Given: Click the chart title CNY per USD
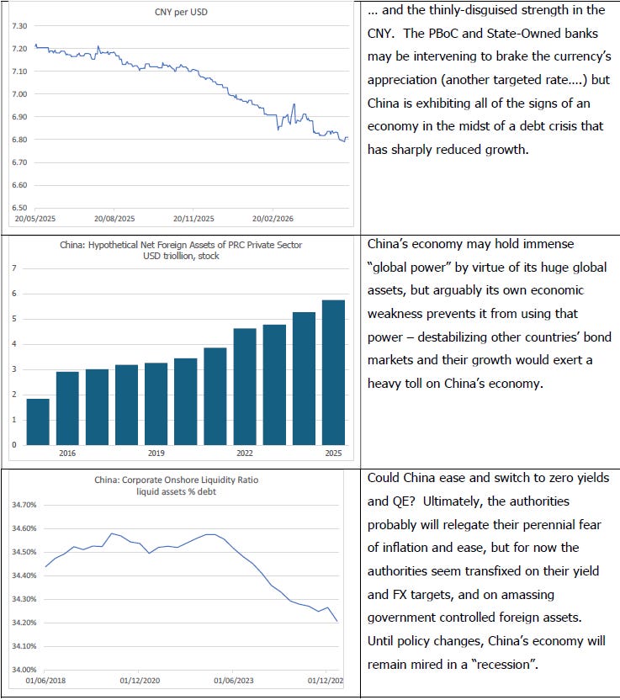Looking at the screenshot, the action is [181, 12].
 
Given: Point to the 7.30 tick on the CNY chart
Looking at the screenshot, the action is [19, 26].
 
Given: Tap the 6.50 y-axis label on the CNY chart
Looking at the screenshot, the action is [19, 208].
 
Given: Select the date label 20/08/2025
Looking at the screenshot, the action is [114, 219].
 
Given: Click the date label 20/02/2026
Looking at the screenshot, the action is [273, 219].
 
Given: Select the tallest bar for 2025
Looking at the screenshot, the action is [333, 373].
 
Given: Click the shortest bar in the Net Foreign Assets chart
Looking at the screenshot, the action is [38, 422].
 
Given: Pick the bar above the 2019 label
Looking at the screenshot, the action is [156, 404].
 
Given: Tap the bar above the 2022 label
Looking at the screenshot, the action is [245, 387].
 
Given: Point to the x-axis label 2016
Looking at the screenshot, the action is [67, 453].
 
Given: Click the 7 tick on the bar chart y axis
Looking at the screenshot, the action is [14, 268].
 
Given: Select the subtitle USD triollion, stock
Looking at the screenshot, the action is [181, 256].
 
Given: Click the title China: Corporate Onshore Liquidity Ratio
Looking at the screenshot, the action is [177, 480].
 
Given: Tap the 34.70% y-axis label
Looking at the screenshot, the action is [24, 505].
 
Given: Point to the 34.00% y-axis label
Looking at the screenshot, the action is [24, 670].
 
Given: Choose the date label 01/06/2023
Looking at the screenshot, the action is [234, 681].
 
